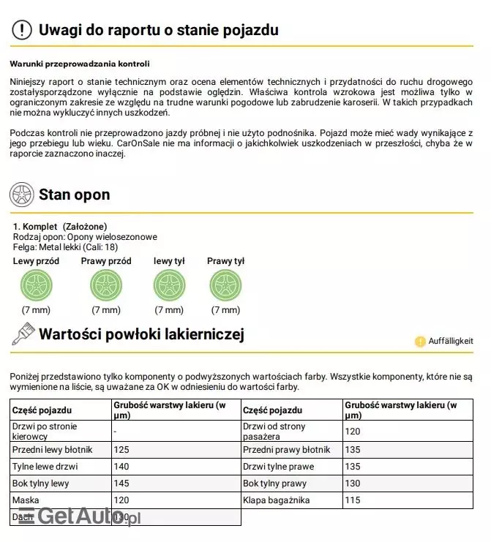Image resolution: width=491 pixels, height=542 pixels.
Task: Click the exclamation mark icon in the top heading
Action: pos(23,30)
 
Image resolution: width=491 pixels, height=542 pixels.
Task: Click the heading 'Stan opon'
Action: pos(74,195)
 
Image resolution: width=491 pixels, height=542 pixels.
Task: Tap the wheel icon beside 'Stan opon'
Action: pos(22,195)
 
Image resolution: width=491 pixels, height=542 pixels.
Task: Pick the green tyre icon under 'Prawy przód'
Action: pos(105,285)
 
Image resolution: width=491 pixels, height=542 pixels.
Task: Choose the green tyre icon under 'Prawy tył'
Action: pos(225,285)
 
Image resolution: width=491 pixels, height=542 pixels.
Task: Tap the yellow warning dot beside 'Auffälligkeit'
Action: pos(420,341)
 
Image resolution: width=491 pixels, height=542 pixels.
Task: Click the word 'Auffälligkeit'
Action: pos(451,341)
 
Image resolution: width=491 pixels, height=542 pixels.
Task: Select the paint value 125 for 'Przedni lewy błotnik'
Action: pos(122,449)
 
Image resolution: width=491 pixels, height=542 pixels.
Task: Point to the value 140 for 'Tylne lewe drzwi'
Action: pos(122,467)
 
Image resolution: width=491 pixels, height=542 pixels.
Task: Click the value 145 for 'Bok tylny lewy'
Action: pos(122,483)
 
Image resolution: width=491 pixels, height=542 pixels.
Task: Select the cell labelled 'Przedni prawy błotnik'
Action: pos(286,449)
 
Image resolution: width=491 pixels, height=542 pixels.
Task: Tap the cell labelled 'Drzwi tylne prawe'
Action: pos(278,467)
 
